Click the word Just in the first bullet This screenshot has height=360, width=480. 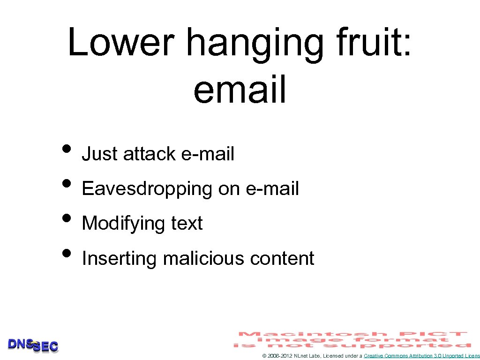[99, 154]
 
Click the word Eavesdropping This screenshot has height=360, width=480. [147, 189]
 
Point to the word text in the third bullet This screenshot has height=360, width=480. [187, 224]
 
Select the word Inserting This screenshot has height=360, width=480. [119, 259]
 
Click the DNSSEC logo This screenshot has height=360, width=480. [33, 345]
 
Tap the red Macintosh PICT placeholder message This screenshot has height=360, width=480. [352, 339]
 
